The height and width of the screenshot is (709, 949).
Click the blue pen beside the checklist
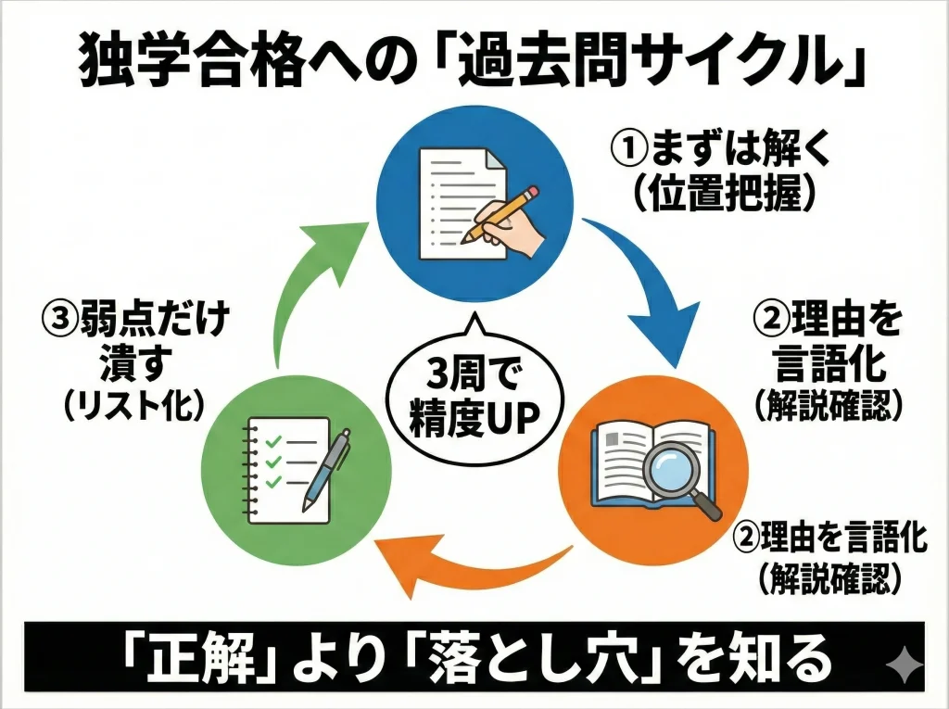pos(326,468)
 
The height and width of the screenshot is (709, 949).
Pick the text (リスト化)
pos(133,405)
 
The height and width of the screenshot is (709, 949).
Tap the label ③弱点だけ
pos(135,322)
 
